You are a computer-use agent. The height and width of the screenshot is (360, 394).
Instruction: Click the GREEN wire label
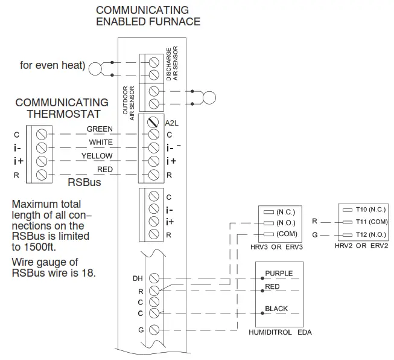[x=100, y=129]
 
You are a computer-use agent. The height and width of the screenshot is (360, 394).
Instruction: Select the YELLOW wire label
[x=98, y=156]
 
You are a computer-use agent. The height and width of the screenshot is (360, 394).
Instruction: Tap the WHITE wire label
[x=101, y=143]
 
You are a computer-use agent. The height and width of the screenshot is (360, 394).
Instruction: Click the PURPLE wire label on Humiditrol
[x=279, y=274]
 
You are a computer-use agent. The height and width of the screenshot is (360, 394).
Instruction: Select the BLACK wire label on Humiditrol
[x=276, y=309]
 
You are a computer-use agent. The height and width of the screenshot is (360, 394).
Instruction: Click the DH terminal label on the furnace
[x=138, y=278]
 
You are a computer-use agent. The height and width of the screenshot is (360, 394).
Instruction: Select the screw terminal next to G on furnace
[x=154, y=330]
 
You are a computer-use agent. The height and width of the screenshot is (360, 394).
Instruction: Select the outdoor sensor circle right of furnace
[x=209, y=97]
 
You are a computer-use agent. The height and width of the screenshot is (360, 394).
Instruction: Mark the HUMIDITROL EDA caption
[x=281, y=332]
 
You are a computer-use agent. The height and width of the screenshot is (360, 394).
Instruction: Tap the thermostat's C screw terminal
[x=42, y=133]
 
